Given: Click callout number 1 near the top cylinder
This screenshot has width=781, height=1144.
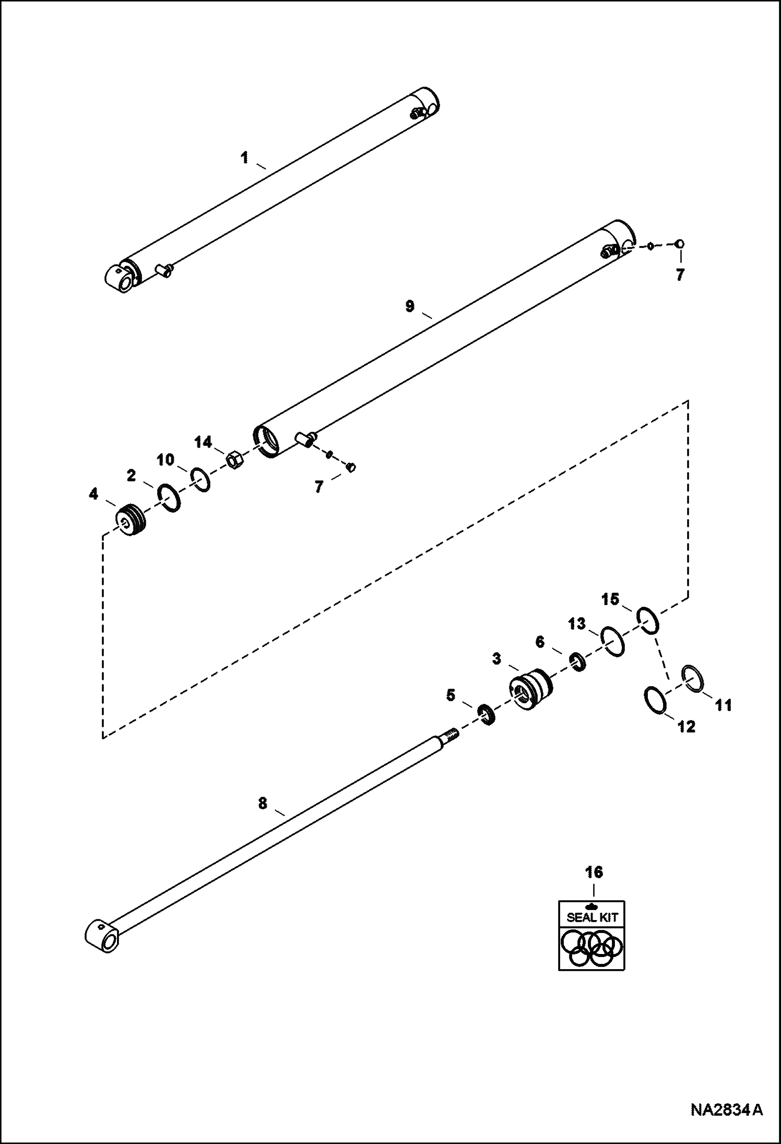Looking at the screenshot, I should pos(244,157).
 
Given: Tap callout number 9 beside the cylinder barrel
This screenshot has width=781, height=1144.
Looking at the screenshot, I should pos(410,306).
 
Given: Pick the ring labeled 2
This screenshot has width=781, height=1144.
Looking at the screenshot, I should pos(169,498).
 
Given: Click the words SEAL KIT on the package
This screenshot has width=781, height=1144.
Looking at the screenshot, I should pos(592,917).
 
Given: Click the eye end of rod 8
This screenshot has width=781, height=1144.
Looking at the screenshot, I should pos(102,939).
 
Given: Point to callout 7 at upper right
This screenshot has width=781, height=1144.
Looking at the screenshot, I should pos(679,275).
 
